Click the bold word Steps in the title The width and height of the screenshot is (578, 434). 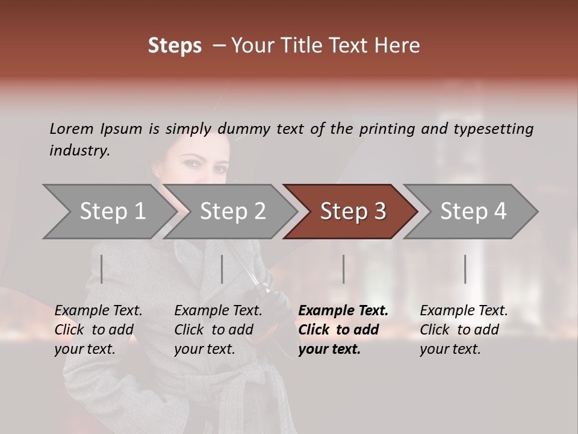(x=175, y=46)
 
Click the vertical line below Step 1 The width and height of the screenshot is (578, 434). (x=102, y=269)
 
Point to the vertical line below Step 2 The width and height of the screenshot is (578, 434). (x=222, y=269)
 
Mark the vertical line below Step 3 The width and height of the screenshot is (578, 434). (x=343, y=269)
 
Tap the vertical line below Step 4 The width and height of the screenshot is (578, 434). (x=465, y=269)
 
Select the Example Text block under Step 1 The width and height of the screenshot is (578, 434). (x=98, y=330)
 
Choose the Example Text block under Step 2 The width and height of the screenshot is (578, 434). (x=218, y=330)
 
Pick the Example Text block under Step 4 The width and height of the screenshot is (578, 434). (x=464, y=330)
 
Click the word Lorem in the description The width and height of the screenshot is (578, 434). (x=72, y=129)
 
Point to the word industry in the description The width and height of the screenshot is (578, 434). (x=79, y=151)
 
